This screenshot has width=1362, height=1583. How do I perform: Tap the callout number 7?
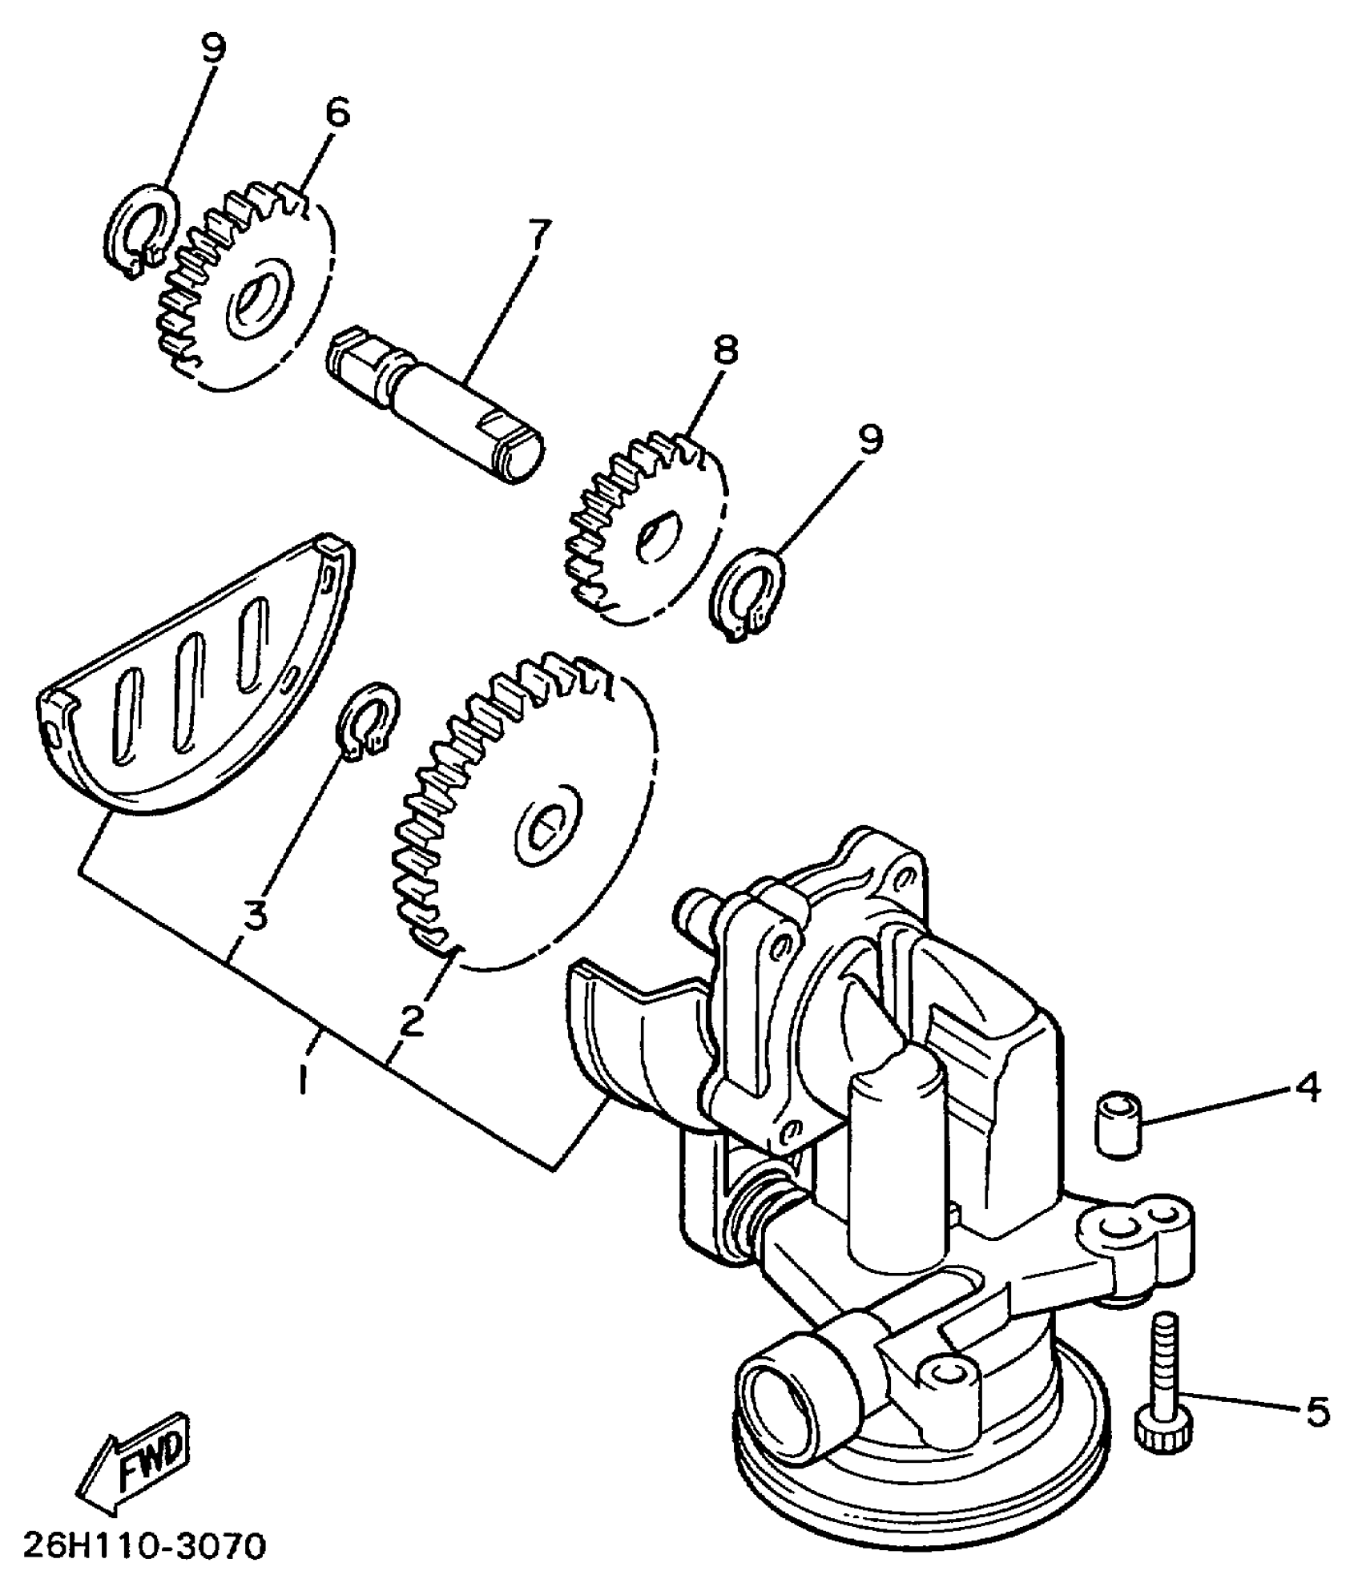[x=537, y=236]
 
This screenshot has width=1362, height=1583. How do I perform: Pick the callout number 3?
[x=255, y=914]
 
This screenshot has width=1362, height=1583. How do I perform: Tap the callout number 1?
[x=302, y=1082]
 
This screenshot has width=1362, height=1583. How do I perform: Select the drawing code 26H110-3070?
[x=144, y=1547]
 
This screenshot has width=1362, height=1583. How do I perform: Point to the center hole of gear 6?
[x=254, y=299]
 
